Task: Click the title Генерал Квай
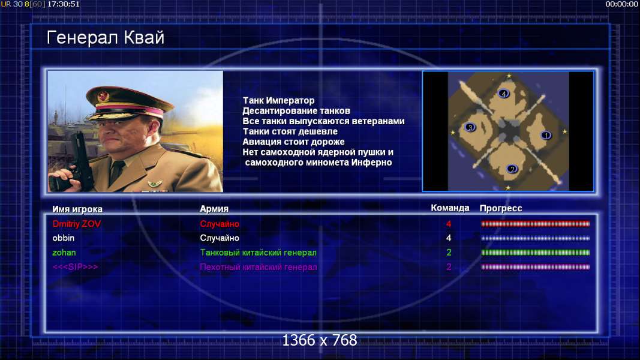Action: [106, 38]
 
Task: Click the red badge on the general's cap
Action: [103, 97]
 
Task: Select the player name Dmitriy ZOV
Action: [76, 224]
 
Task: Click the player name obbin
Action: [63, 238]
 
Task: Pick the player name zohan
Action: [64, 253]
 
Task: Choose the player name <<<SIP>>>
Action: [75, 267]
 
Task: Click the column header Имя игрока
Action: [77, 209]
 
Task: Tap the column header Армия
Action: [214, 209]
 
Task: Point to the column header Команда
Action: [450, 208]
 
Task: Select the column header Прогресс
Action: [501, 208]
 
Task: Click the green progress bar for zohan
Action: [536, 253]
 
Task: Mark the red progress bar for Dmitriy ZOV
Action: [536, 224]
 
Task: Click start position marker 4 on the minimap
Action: [504, 94]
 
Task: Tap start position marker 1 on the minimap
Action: [546, 135]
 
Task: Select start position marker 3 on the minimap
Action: [470, 127]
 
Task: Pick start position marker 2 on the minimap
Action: [512, 169]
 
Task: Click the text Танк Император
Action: [278, 100]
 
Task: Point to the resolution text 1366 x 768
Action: [320, 340]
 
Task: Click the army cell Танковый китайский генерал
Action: [258, 253]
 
